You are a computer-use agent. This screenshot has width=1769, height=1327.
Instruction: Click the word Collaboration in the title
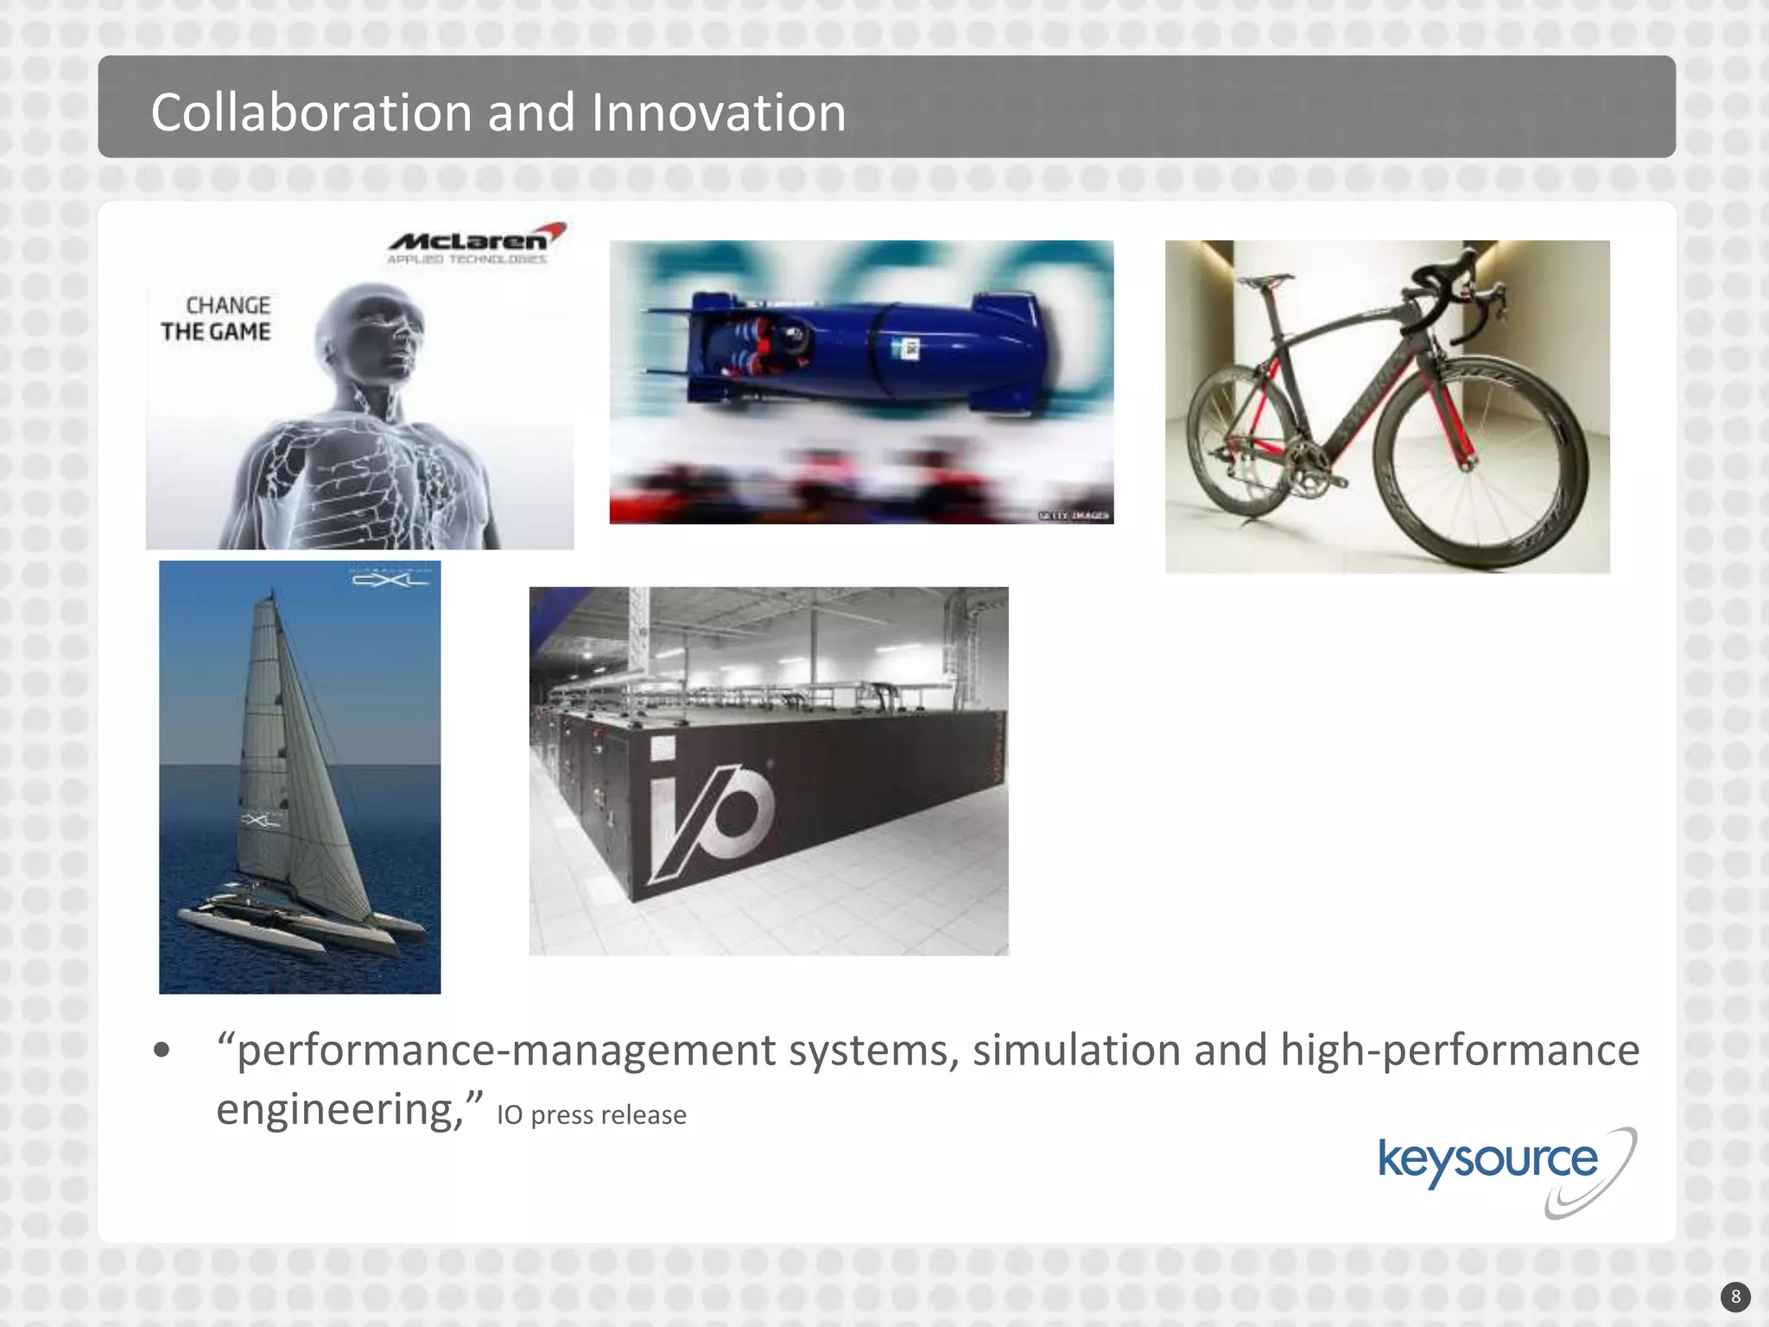point(310,113)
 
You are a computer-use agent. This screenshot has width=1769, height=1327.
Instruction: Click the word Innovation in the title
point(718,113)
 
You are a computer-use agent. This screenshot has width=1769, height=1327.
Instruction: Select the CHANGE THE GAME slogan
point(216,319)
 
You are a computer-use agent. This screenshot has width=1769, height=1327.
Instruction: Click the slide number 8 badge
point(1735,1297)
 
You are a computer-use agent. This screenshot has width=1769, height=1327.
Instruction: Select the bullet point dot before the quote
point(162,1051)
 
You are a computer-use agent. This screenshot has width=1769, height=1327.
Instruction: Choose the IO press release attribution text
point(592,1115)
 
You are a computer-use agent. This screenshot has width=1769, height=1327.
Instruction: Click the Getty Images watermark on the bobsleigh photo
point(1074,516)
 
